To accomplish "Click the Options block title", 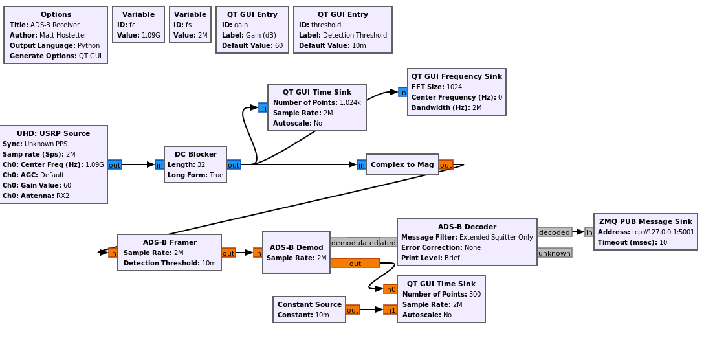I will coord(56,14).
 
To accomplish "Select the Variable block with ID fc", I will coord(138,25).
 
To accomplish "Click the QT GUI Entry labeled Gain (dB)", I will coord(252,30).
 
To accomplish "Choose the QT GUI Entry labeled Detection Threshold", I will coord(342,30).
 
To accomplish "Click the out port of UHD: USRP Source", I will coord(115,165).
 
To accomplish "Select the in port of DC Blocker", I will coord(159,165).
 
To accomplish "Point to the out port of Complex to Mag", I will coord(446,165).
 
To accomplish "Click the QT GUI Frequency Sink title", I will coord(456,76).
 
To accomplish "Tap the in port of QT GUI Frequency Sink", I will coord(402,93).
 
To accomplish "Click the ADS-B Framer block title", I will coord(170,242).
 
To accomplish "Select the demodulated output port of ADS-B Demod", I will coord(355,243).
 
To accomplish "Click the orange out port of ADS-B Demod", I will coord(355,264).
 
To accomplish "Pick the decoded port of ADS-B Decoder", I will coord(555,232).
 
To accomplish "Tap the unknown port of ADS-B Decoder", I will coord(555,253).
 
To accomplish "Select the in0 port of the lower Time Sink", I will coord(390,289).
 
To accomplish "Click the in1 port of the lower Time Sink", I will coord(390,310).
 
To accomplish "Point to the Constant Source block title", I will coord(309,304).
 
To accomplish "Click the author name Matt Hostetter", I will coord(63,35).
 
